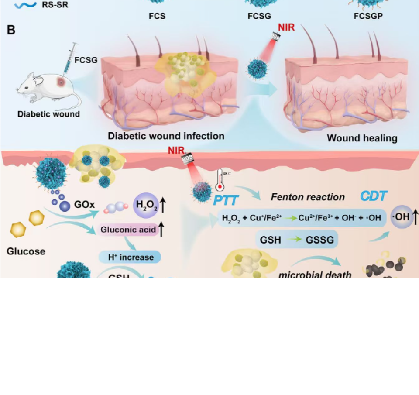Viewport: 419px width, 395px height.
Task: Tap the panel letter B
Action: point(11,30)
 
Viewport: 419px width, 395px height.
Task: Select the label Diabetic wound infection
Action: point(166,136)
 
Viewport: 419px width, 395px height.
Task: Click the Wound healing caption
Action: point(362,138)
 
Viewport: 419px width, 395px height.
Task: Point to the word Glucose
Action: point(26,251)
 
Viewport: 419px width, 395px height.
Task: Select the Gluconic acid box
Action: point(128,230)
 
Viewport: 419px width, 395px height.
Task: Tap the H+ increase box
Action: point(130,257)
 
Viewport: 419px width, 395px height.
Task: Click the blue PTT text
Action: point(226,200)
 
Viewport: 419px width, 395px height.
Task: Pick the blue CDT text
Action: point(374,196)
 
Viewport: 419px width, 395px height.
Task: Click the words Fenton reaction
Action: point(308,197)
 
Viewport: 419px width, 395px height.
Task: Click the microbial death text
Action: point(315,275)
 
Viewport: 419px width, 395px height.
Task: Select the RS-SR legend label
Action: point(55,6)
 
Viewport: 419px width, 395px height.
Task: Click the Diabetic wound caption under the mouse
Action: point(48,114)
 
